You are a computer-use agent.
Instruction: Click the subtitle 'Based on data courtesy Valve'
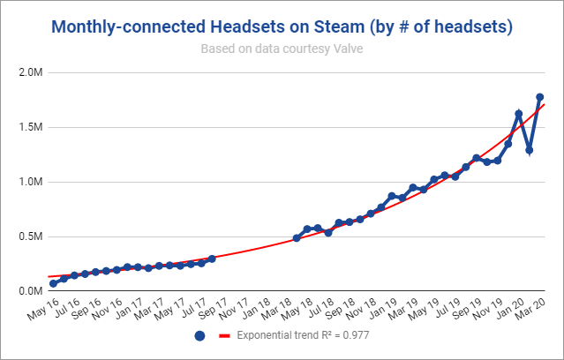pyautogui.click(x=282, y=49)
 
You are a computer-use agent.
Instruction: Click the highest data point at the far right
pyautogui.click(x=539, y=97)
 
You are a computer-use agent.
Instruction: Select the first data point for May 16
pyautogui.click(x=53, y=283)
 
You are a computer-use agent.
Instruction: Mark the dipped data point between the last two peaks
pyautogui.click(x=529, y=150)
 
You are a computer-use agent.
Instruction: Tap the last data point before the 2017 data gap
pyautogui.click(x=212, y=259)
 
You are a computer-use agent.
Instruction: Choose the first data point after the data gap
pyautogui.click(x=297, y=238)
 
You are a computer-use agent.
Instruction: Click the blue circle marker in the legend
pyautogui.click(x=199, y=336)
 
